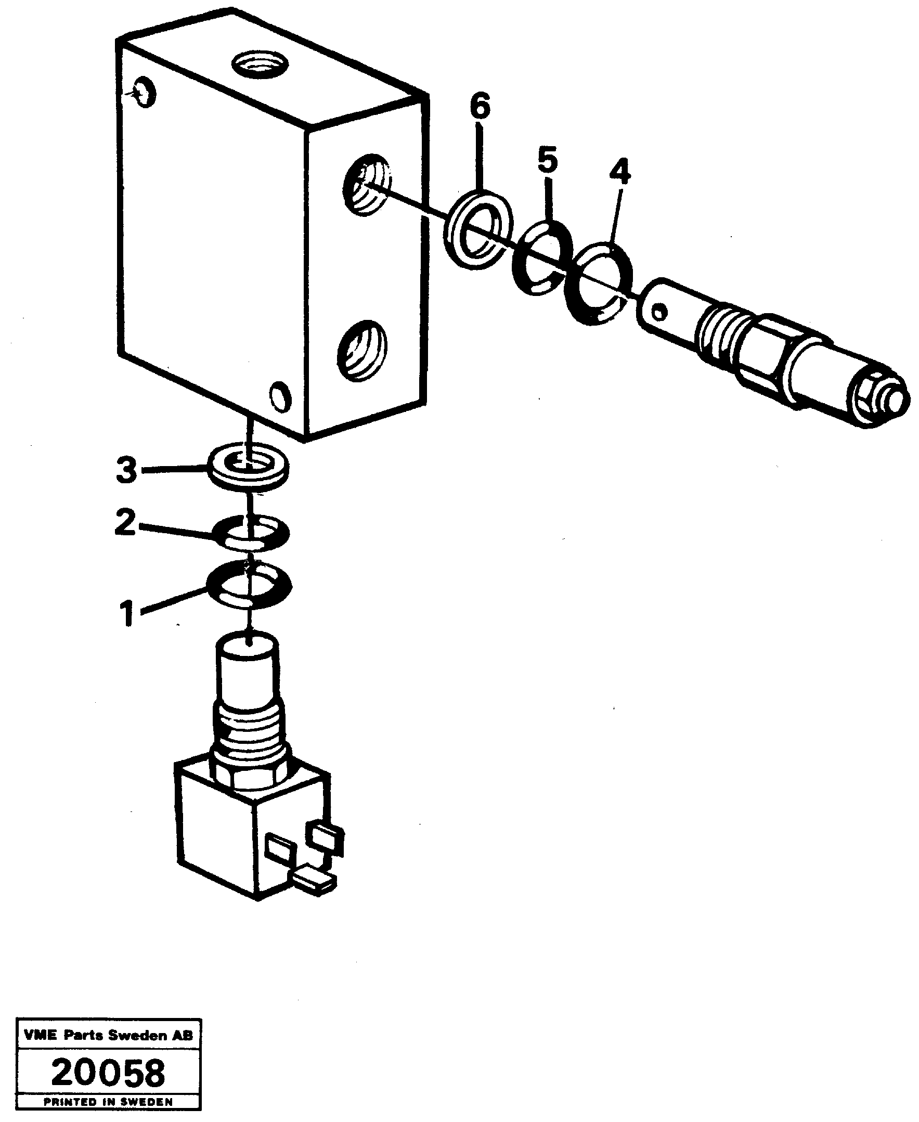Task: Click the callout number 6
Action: coord(480,107)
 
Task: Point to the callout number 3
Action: coord(127,470)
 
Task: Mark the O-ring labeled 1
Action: coord(249,586)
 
